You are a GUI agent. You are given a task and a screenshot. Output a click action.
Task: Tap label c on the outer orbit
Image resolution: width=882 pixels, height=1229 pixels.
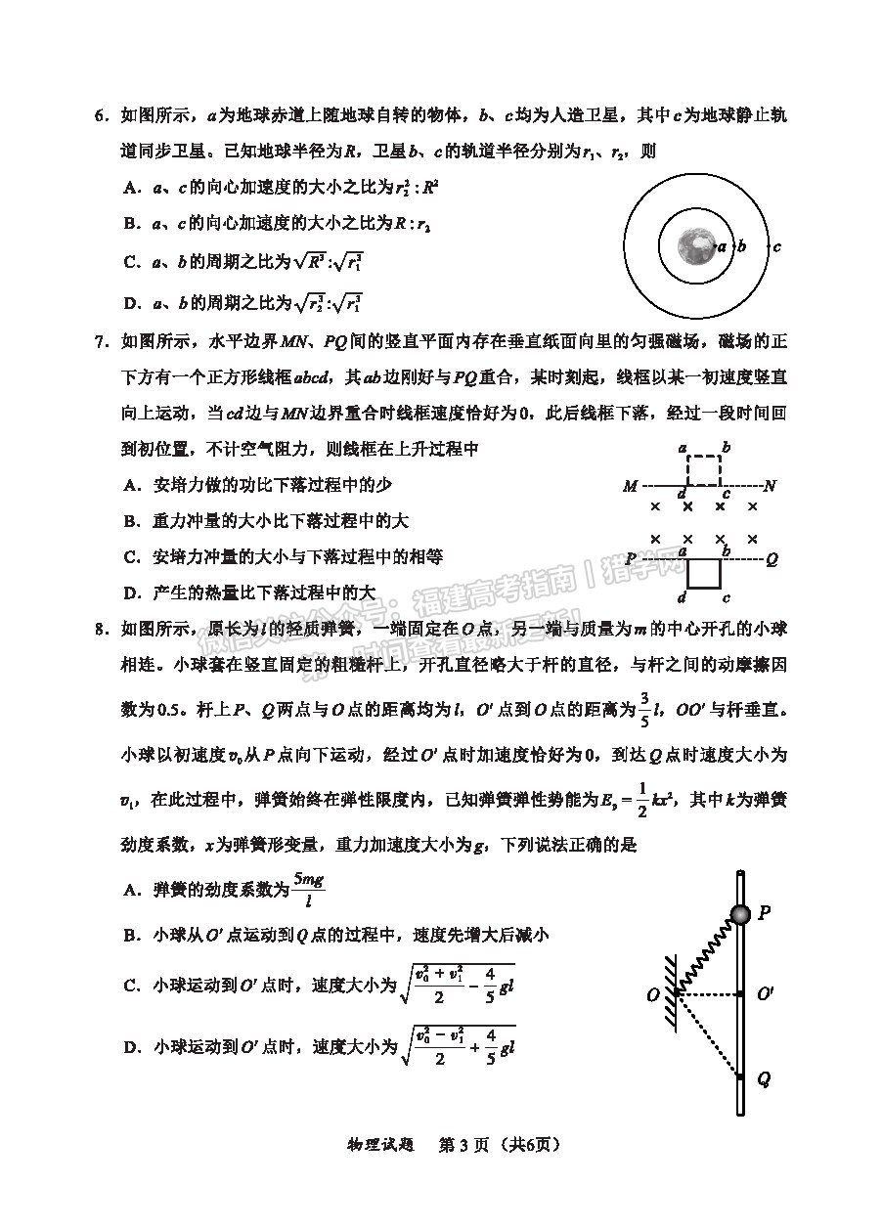click(776, 247)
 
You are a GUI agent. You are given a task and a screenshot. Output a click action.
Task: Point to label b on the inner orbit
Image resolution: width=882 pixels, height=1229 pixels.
click(742, 247)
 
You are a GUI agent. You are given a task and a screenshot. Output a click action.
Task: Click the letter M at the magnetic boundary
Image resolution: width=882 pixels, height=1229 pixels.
click(630, 486)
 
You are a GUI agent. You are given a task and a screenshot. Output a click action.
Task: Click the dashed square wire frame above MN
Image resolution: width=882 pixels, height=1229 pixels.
click(703, 468)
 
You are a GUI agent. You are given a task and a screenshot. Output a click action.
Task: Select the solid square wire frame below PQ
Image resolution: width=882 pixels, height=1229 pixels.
click(703, 575)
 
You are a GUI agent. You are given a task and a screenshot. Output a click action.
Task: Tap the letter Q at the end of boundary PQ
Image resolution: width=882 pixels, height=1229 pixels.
click(772, 560)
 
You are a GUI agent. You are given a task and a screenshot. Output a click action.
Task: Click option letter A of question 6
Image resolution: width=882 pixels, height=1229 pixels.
click(129, 187)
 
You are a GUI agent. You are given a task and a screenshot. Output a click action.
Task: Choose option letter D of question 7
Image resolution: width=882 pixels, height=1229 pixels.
click(129, 593)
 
